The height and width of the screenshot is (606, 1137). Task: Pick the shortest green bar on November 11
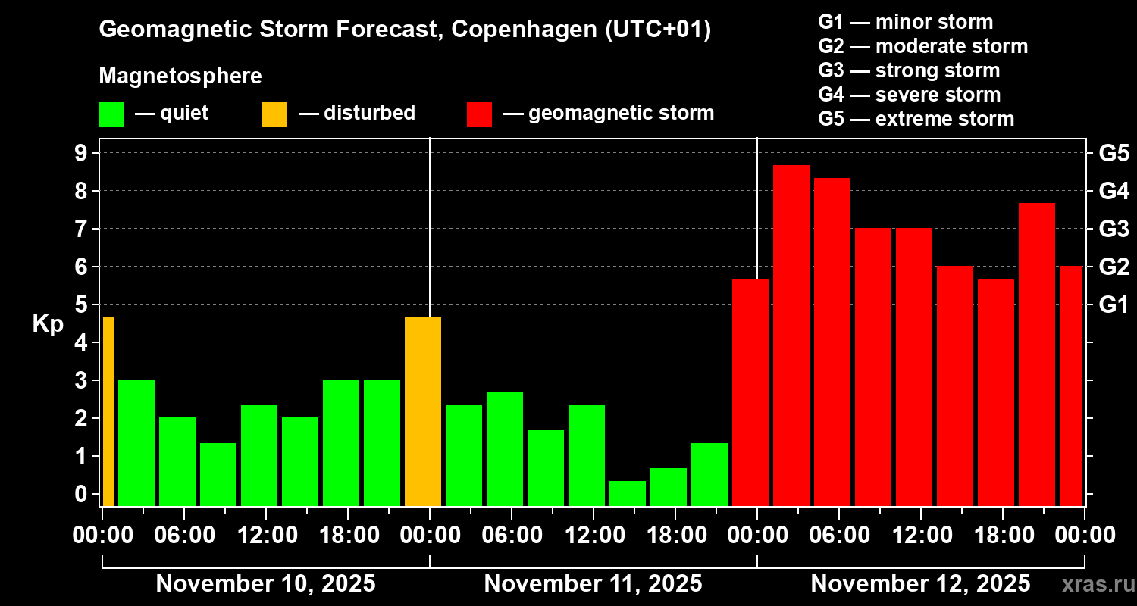click(628, 493)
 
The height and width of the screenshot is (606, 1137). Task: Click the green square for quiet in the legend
click(111, 114)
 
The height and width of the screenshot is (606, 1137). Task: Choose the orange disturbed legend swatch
click(274, 114)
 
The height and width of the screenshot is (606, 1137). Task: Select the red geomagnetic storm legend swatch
click(479, 114)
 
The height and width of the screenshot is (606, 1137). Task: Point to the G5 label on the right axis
click(1114, 153)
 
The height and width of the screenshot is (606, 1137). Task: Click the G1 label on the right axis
click(1114, 305)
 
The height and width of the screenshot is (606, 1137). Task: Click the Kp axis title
click(48, 324)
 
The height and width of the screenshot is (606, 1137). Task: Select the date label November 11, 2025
click(593, 584)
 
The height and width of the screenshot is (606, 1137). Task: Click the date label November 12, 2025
click(920, 584)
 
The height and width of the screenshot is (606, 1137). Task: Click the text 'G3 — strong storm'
click(909, 70)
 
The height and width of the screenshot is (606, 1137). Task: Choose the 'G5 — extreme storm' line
click(916, 119)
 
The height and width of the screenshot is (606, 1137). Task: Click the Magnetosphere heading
click(180, 77)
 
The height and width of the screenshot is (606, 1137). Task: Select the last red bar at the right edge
click(1071, 386)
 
